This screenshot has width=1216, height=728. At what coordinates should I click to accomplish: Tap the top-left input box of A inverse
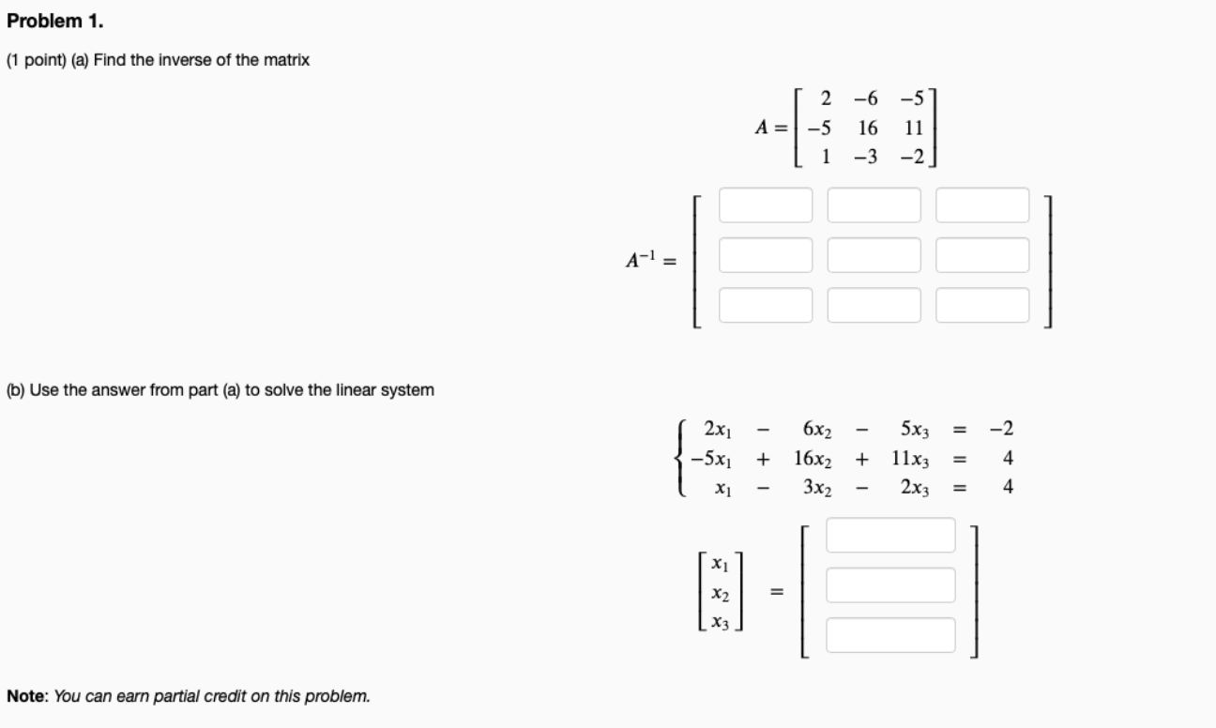(x=766, y=205)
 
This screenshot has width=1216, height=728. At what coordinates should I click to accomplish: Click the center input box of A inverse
(x=874, y=254)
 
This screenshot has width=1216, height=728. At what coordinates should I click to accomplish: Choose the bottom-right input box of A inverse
(x=982, y=304)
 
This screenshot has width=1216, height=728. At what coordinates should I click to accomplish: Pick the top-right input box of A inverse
(x=982, y=205)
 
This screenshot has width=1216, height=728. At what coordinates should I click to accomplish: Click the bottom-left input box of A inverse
(x=766, y=304)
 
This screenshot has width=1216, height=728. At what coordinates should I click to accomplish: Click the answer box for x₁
(x=890, y=535)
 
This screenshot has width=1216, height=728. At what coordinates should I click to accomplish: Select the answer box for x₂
(x=890, y=584)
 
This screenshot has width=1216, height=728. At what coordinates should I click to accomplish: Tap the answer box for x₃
(x=890, y=634)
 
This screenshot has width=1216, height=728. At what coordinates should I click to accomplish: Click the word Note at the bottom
(x=27, y=697)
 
